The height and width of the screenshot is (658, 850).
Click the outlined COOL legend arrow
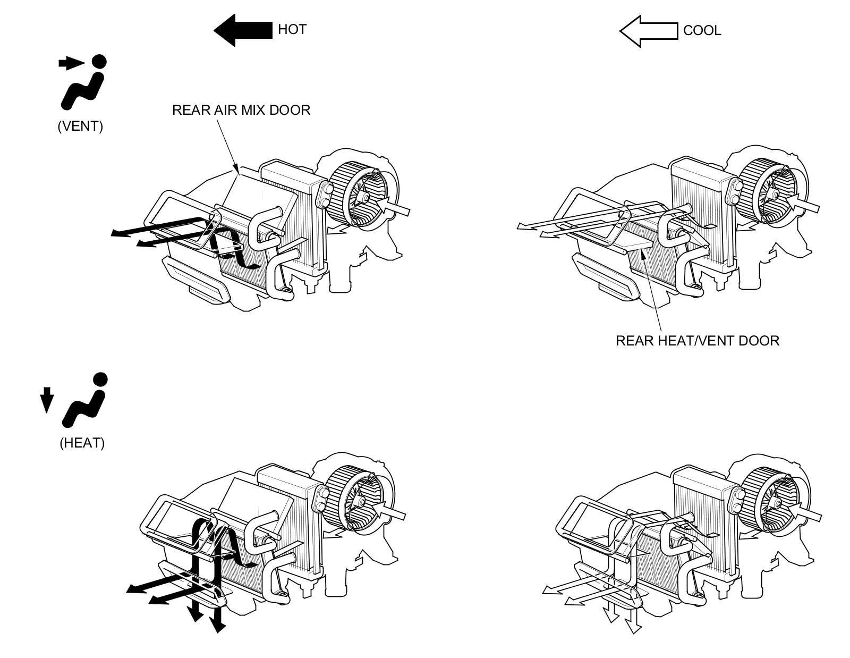(x=649, y=30)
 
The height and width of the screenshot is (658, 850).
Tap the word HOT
(x=292, y=29)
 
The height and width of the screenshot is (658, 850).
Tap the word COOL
(x=702, y=30)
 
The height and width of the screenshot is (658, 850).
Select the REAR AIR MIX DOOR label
(x=241, y=110)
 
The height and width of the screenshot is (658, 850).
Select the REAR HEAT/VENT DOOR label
(x=697, y=341)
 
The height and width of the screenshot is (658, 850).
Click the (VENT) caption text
(x=80, y=126)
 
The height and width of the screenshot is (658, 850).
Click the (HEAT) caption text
(x=82, y=443)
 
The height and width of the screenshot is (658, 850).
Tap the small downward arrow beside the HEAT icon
(x=47, y=399)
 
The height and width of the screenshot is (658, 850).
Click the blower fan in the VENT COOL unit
(x=773, y=194)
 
